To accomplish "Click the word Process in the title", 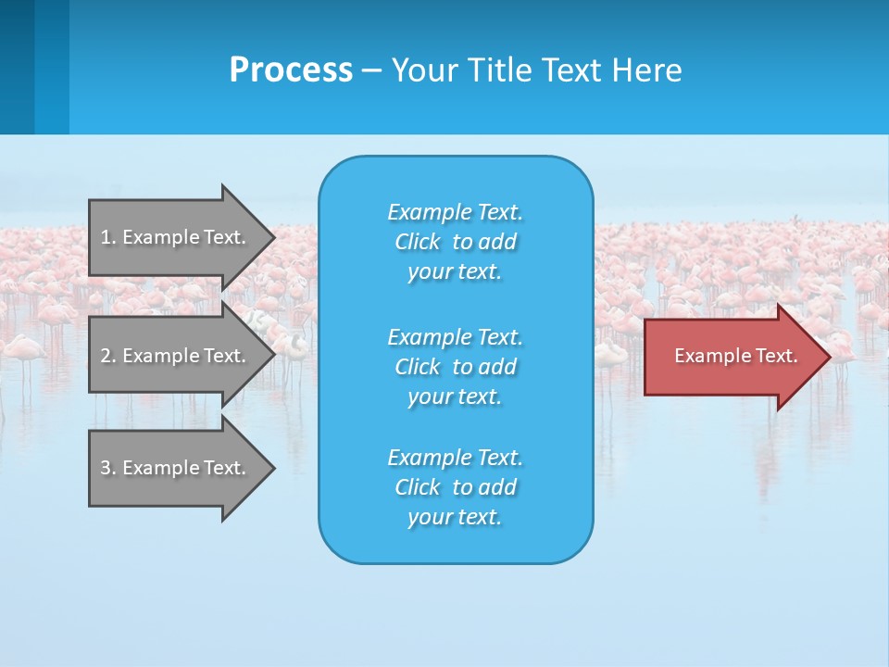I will point(291,70).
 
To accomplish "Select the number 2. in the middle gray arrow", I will point(107,356).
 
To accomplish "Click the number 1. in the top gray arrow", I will point(107,237).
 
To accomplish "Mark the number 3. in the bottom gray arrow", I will point(107,468).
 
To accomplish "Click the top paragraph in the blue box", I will point(455,242).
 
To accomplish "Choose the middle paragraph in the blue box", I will point(455,367).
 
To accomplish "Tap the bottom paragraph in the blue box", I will point(455,487).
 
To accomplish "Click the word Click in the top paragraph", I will point(418,242).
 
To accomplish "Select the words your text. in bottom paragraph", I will point(455,517).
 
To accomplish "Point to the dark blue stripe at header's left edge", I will point(17,67).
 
